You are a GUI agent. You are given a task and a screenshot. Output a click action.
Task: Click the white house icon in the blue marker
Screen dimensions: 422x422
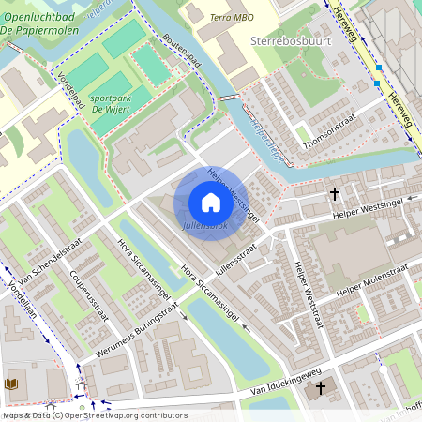pyautogui.click(x=210, y=202)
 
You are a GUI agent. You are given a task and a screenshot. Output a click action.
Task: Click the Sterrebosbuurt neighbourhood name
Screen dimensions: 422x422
pyautogui.click(x=287, y=42)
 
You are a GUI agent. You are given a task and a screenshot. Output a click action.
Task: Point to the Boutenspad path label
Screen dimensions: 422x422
pyautogui.click(x=182, y=53)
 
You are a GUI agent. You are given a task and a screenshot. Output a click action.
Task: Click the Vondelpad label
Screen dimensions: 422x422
pyautogui.click(x=71, y=90)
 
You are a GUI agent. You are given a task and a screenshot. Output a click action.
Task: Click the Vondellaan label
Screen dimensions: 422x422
pyautogui.click(x=18, y=296)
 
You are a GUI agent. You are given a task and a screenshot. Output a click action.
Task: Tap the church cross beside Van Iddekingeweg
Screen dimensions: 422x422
pyautogui.click(x=321, y=387)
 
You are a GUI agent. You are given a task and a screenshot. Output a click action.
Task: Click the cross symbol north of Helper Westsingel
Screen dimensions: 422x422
pyautogui.click(x=335, y=194)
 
